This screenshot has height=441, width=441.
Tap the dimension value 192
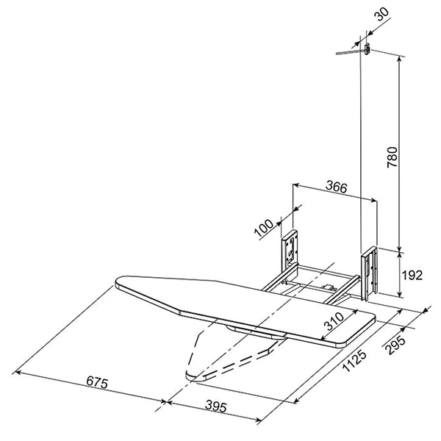tap(412, 276)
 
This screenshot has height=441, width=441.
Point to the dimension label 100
tap(264, 226)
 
